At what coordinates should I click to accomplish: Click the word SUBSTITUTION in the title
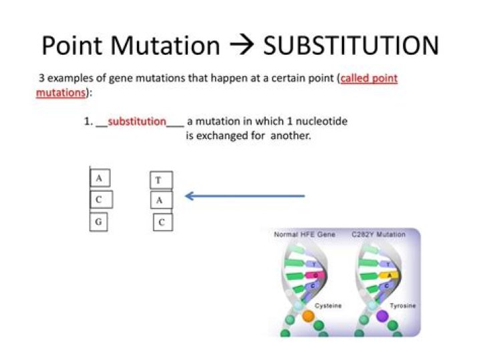[351, 45]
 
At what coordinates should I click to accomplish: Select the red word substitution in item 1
[136, 122]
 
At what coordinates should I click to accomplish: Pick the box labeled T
[160, 180]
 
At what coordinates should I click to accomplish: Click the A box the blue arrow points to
[161, 200]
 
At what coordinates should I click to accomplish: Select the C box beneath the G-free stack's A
[162, 222]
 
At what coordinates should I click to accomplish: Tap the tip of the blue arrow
[187, 196]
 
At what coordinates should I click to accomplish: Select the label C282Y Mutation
[378, 235]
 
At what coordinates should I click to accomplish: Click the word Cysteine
[328, 306]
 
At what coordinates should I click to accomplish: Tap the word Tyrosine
[403, 306]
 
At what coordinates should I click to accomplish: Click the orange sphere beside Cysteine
[308, 316]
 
